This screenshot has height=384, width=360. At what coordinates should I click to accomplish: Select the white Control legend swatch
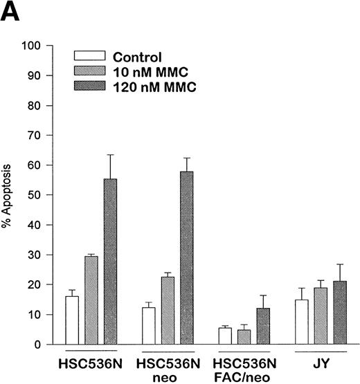pyautogui.click(x=89, y=57)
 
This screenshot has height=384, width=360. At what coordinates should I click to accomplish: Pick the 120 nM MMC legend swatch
pyautogui.click(x=89, y=84)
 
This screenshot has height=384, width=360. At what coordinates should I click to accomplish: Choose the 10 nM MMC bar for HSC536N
pyautogui.click(x=91, y=300)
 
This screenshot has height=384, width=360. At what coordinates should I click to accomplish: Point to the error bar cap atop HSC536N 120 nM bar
pyautogui.click(x=109, y=155)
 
